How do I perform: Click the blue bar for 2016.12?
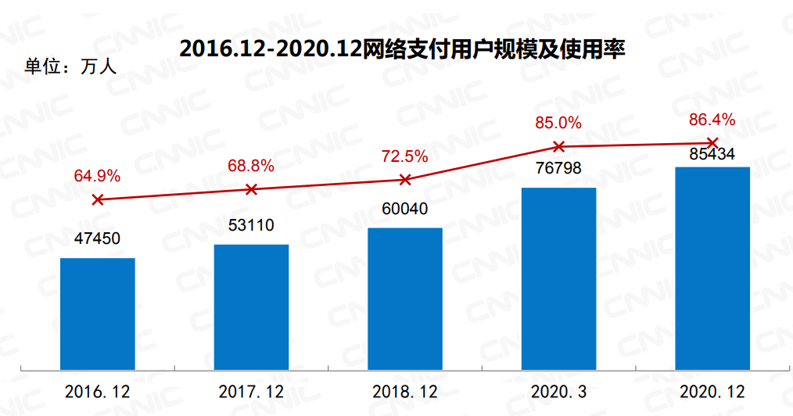click(98, 313)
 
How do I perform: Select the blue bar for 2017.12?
click(251, 306)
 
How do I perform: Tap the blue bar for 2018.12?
click(405, 298)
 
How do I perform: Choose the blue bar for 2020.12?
click(712, 267)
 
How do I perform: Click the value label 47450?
click(98, 238)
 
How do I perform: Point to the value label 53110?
click(251, 225)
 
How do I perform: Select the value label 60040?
click(405, 209)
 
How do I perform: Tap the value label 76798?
click(558, 170)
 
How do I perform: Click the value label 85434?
click(712, 155)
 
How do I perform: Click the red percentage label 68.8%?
click(251, 165)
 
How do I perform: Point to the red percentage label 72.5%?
click(405, 156)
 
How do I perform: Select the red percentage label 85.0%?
click(558, 123)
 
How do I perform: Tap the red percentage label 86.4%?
click(712, 120)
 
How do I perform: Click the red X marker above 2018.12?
click(405, 180)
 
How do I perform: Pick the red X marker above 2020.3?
click(558, 146)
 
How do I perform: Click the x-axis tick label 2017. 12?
click(251, 392)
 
